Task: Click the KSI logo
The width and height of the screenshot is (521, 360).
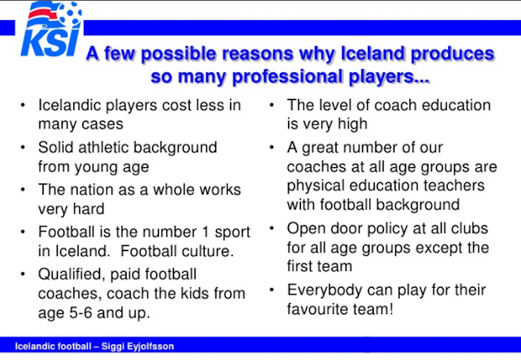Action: click(51, 29)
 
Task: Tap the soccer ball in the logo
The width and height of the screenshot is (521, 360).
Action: click(70, 13)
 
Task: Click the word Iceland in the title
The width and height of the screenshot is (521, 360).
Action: click(373, 53)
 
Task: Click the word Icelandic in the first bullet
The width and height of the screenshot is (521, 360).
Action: click(70, 105)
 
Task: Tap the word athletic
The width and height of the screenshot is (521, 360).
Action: click(103, 148)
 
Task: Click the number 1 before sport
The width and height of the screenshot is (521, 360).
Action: click(206, 232)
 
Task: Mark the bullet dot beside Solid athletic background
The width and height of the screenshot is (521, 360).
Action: click(23, 147)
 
